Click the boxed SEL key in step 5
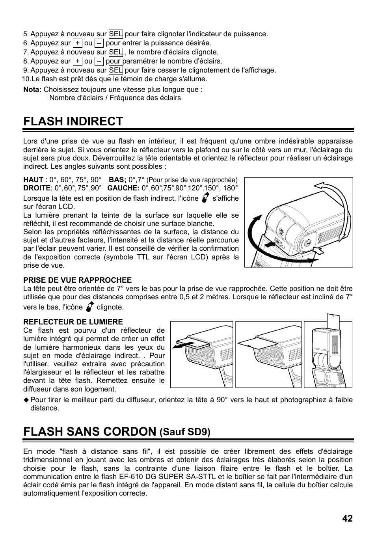115,34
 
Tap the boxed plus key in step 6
78,43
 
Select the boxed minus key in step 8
99,61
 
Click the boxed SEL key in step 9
115,70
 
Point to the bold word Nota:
32,89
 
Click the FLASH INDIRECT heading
73,121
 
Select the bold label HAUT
33,180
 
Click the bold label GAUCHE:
123,188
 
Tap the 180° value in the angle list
231,188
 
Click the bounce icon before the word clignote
89,306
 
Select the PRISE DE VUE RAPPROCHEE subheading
77,280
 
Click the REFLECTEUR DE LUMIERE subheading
73,322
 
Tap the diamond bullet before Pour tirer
26,400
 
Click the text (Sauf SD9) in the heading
185,432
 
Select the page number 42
347,518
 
